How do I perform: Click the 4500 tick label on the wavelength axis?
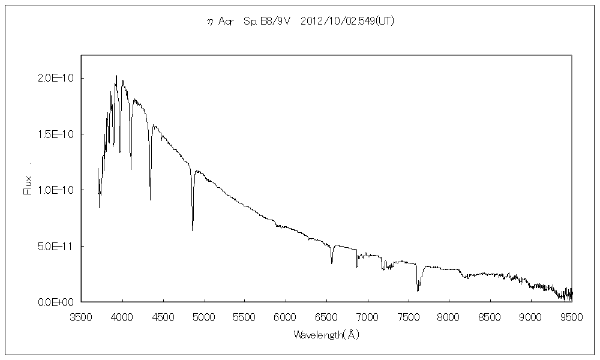(163, 317)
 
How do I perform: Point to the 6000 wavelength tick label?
(286, 317)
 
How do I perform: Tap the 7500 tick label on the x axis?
(408, 317)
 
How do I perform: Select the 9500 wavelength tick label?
(571, 317)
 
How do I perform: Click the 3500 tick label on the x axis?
(82, 317)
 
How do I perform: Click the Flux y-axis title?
(27, 183)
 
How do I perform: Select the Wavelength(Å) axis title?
(326, 335)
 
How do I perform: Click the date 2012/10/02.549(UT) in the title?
(347, 21)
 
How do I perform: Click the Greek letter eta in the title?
(209, 22)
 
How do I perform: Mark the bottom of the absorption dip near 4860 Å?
(193, 230)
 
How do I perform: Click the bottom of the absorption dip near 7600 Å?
(418, 291)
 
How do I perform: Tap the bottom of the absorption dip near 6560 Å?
(332, 263)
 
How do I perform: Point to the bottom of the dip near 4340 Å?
(150, 200)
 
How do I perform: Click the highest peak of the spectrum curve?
(116, 76)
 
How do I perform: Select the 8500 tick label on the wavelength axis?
(490, 317)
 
